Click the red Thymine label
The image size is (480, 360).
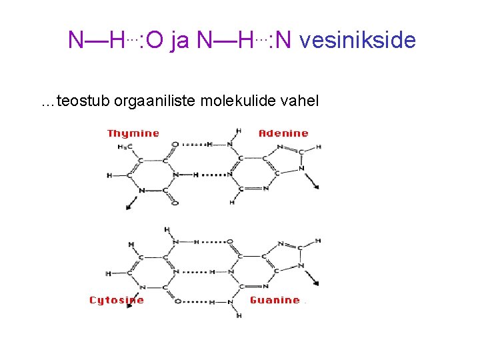click(x=133, y=133)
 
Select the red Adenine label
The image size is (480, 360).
click(x=283, y=133)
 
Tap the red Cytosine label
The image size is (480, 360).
click(x=117, y=300)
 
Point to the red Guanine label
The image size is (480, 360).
click(x=275, y=300)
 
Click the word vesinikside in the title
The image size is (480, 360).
click(x=357, y=41)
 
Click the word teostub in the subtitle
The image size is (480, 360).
click(x=85, y=101)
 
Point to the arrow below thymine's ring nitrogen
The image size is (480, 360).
click(x=132, y=204)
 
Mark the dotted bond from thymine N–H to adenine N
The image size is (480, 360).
click(x=213, y=175)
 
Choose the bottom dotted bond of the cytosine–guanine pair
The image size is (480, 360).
click(x=197, y=301)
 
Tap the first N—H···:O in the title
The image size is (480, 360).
click(x=115, y=41)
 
